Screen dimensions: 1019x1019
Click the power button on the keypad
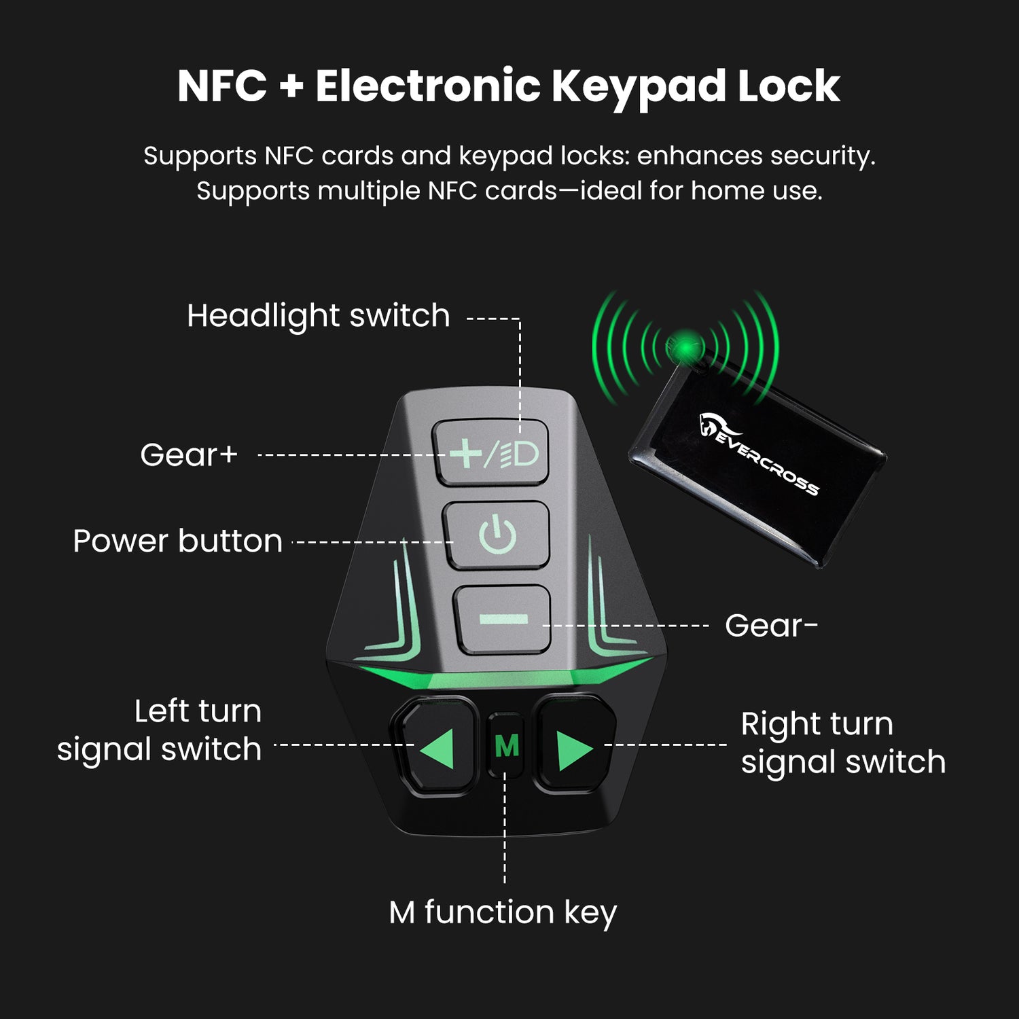click(x=497, y=535)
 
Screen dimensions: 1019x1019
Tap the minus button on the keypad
click(x=503, y=619)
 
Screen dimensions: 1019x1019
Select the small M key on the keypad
click(x=506, y=745)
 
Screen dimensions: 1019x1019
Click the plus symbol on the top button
click(x=466, y=453)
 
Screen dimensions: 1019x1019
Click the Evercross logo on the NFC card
click(x=758, y=452)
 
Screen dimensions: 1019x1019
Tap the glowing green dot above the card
click(x=687, y=348)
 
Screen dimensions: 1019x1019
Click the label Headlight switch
click(x=319, y=316)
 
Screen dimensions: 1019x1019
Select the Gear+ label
click(x=189, y=454)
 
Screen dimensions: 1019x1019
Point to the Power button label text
click(x=177, y=541)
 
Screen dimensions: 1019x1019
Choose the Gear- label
click(x=771, y=625)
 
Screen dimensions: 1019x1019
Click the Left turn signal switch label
click(x=159, y=730)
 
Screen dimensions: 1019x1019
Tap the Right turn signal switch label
click(x=843, y=743)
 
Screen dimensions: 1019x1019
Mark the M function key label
click(x=503, y=912)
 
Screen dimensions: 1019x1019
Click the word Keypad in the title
click(x=639, y=87)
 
